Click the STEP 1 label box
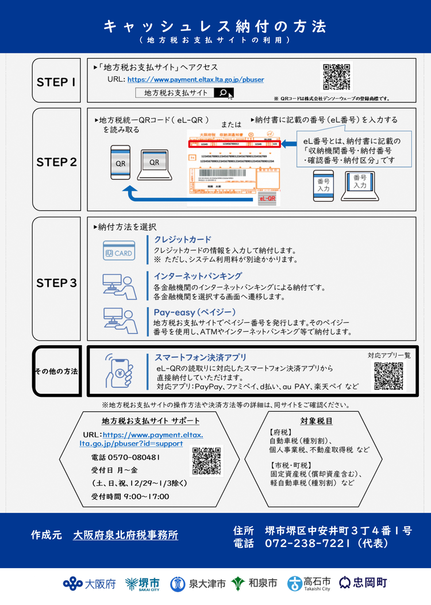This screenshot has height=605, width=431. (x=56, y=82)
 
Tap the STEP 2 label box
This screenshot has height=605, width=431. (x=56, y=162)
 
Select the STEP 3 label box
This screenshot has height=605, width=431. (x=56, y=282)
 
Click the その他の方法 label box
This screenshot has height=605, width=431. (x=56, y=371)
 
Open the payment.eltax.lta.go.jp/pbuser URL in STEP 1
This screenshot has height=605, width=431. (x=195, y=79)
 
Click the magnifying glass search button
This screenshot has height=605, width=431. (x=223, y=93)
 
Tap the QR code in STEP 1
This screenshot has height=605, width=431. (x=335, y=77)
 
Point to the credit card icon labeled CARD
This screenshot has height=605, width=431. (x=118, y=252)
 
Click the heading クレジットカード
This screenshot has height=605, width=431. (x=183, y=239)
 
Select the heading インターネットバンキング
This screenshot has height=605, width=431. (x=198, y=275)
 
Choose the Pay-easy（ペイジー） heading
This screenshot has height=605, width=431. (x=195, y=312)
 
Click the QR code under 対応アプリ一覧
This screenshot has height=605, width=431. (x=388, y=377)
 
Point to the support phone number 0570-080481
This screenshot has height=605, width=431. (x=125, y=458)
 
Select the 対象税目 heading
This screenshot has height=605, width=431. (x=316, y=421)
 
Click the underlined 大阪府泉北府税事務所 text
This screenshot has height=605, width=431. (x=125, y=535)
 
